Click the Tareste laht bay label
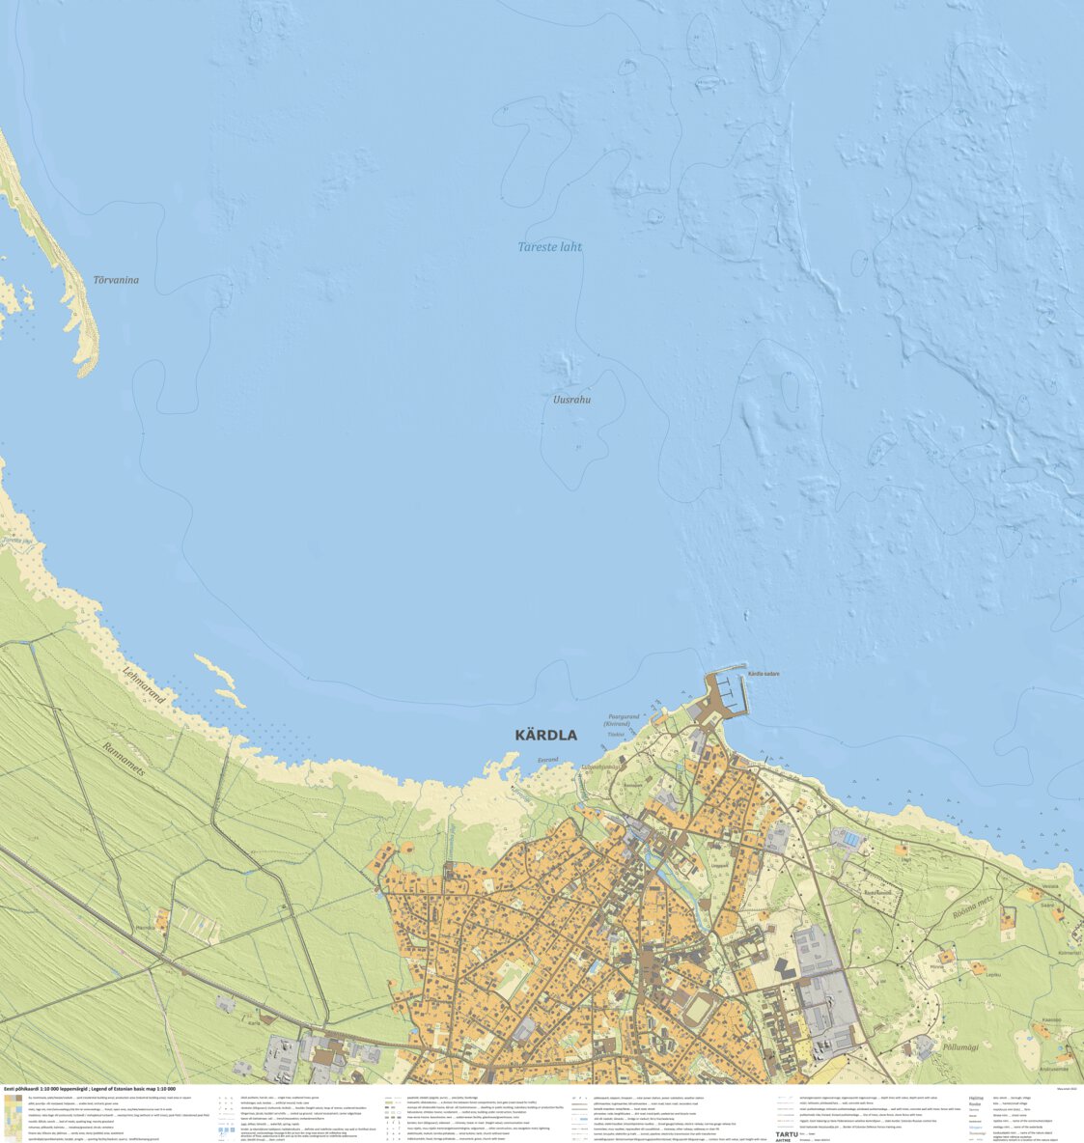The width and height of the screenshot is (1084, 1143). [x=549, y=247]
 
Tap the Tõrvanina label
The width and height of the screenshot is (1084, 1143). [x=116, y=281]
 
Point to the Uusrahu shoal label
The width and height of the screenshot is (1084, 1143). [x=571, y=400]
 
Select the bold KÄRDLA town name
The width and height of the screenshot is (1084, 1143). [x=545, y=736]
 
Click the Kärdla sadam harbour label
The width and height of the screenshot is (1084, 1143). [x=764, y=674]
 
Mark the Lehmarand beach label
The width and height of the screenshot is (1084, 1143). [x=144, y=687]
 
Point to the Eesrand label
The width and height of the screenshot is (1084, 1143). [x=547, y=761]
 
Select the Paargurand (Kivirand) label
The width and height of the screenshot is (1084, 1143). [x=623, y=720]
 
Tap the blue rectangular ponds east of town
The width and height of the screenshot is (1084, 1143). [x=848, y=839]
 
